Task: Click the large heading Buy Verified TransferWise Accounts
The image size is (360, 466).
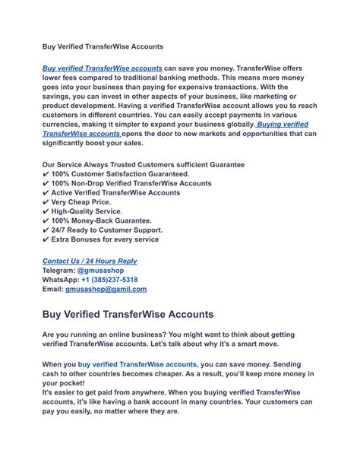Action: pyautogui.click(x=127, y=313)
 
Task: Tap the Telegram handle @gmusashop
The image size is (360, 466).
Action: pyautogui.click(x=103, y=270)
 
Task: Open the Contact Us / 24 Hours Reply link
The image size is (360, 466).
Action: pyautogui.click(x=90, y=261)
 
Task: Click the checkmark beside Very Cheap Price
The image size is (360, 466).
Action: pyautogui.click(x=46, y=201)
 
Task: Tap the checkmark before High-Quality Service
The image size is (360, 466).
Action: pyautogui.click(x=46, y=211)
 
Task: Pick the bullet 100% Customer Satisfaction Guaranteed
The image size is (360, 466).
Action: pyautogui.click(x=115, y=174)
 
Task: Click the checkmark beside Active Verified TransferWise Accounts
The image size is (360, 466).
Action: pyautogui.click(x=46, y=192)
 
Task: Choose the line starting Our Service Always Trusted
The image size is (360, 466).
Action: pyautogui.click(x=144, y=164)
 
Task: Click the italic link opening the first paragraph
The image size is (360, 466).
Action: pyautogui.click(x=103, y=68)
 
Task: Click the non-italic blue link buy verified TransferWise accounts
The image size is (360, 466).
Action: pyautogui.click(x=136, y=365)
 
